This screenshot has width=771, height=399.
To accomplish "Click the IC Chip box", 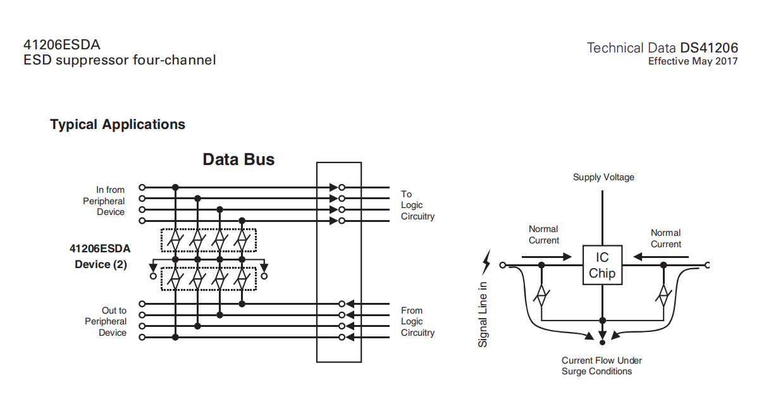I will click(x=602, y=266).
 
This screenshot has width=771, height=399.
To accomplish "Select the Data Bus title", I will click(x=238, y=159).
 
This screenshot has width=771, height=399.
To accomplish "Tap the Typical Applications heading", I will click(x=118, y=125).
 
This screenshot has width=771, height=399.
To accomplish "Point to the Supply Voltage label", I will click(x=603, y=177).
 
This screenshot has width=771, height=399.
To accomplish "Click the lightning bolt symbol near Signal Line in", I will click(x=486, y=259).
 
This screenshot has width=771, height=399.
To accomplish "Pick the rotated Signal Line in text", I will click(x=483, y=314).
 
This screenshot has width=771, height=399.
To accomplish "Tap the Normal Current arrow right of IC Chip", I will click(x=658, y=257).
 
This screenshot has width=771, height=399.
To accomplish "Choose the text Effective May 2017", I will click(x=693, y=61).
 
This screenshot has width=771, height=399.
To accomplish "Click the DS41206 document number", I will click(x=709, y=48).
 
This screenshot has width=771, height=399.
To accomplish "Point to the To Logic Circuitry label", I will click(x=417, y=205).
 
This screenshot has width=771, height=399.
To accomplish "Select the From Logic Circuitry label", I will click(x=417, y=321).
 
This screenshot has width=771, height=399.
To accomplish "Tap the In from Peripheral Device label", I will click(x=104, y=201).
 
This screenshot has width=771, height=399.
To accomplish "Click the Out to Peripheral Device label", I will click(x=106, y=321).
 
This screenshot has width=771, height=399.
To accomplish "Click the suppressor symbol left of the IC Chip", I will click(x=541, y=295).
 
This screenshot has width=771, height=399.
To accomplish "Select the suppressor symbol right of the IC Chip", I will click(x=663, y=295).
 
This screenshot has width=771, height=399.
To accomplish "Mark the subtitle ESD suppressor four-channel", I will click(x=120, y=61).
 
